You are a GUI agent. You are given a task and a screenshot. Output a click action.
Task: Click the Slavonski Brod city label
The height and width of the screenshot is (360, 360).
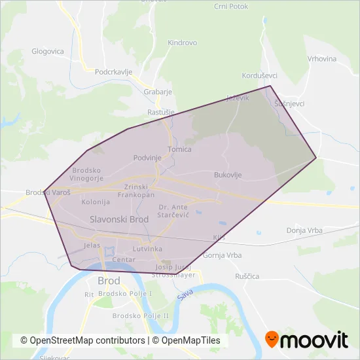tap(119, 219)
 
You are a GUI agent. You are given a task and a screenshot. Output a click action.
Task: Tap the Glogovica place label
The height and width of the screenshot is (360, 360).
tap(48, 51)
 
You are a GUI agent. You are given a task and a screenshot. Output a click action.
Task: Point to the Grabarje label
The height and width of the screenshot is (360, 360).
tap(157, 92)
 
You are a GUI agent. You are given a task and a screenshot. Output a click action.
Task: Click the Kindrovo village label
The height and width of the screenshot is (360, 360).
tap(183, 43)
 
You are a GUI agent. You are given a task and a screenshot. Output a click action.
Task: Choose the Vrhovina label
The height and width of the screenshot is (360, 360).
tap(321, 59)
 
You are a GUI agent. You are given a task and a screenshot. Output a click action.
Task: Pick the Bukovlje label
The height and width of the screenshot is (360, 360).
tap(228, 175)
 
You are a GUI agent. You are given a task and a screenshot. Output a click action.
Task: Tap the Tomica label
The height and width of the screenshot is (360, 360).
tap(179, 149)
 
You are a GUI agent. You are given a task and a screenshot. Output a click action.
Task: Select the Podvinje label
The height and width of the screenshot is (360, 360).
tap(147, 158)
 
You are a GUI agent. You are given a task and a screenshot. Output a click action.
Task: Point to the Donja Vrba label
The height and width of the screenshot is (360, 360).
tap(304, 230)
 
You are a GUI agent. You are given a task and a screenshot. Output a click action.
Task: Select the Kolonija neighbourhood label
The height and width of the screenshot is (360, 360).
tap(96, 202)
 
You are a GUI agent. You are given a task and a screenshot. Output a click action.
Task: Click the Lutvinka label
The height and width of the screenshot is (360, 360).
tap(147, 249)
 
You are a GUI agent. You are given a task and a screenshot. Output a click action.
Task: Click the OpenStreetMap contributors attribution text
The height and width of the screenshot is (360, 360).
tap(83, 340)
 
